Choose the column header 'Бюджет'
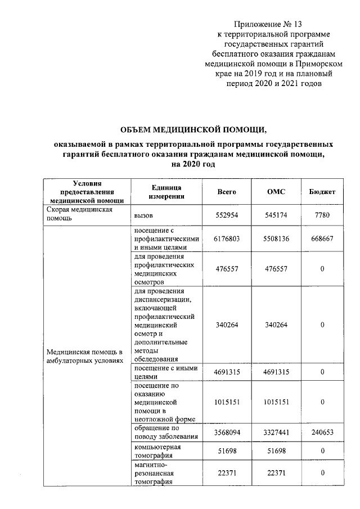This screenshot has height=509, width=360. click(322, 192)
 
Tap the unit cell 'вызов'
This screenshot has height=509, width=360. click(144, 215)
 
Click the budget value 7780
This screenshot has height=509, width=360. click(322, 215)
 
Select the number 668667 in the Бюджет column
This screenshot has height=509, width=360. click(322, 238)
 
